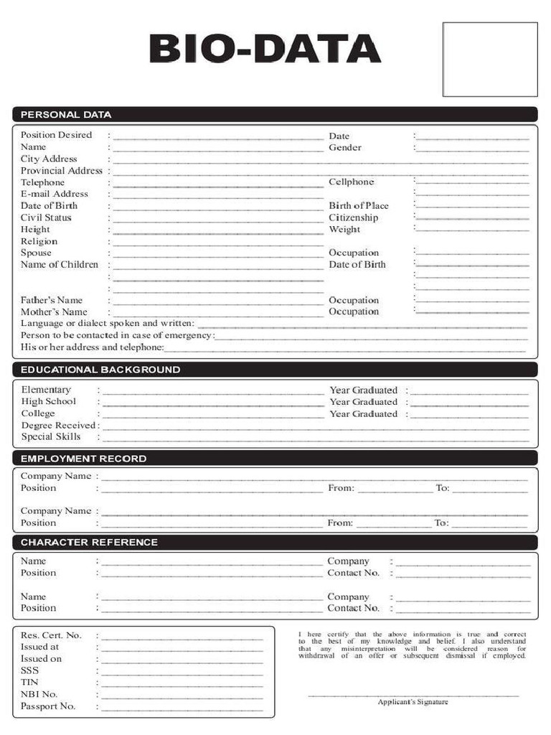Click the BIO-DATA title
(x=265, y=50)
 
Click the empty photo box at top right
(x=489, y=59)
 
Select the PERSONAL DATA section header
(x=66, y=114)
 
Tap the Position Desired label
(x=56, y=135)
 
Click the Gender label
(x=345, y=147)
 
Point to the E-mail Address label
(x=55, y=194)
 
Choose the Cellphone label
(x=352, y=182)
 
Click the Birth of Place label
(x=359, y=206)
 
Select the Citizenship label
(x=354, y=217)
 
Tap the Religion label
(x=39, y=241)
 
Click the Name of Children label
(x=60, y=265)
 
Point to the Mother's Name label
(x=54, y=312)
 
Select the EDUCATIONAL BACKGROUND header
(x=100, y=370)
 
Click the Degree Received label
(x=58, y=425)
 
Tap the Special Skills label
(x=51, y=436)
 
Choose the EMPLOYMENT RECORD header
(x=83, y=459)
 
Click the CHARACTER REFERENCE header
(x=89, y=543)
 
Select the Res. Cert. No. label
(x=51, y=635)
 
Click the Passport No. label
(x=48, y=706)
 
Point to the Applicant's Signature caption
(x=413, y=702)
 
